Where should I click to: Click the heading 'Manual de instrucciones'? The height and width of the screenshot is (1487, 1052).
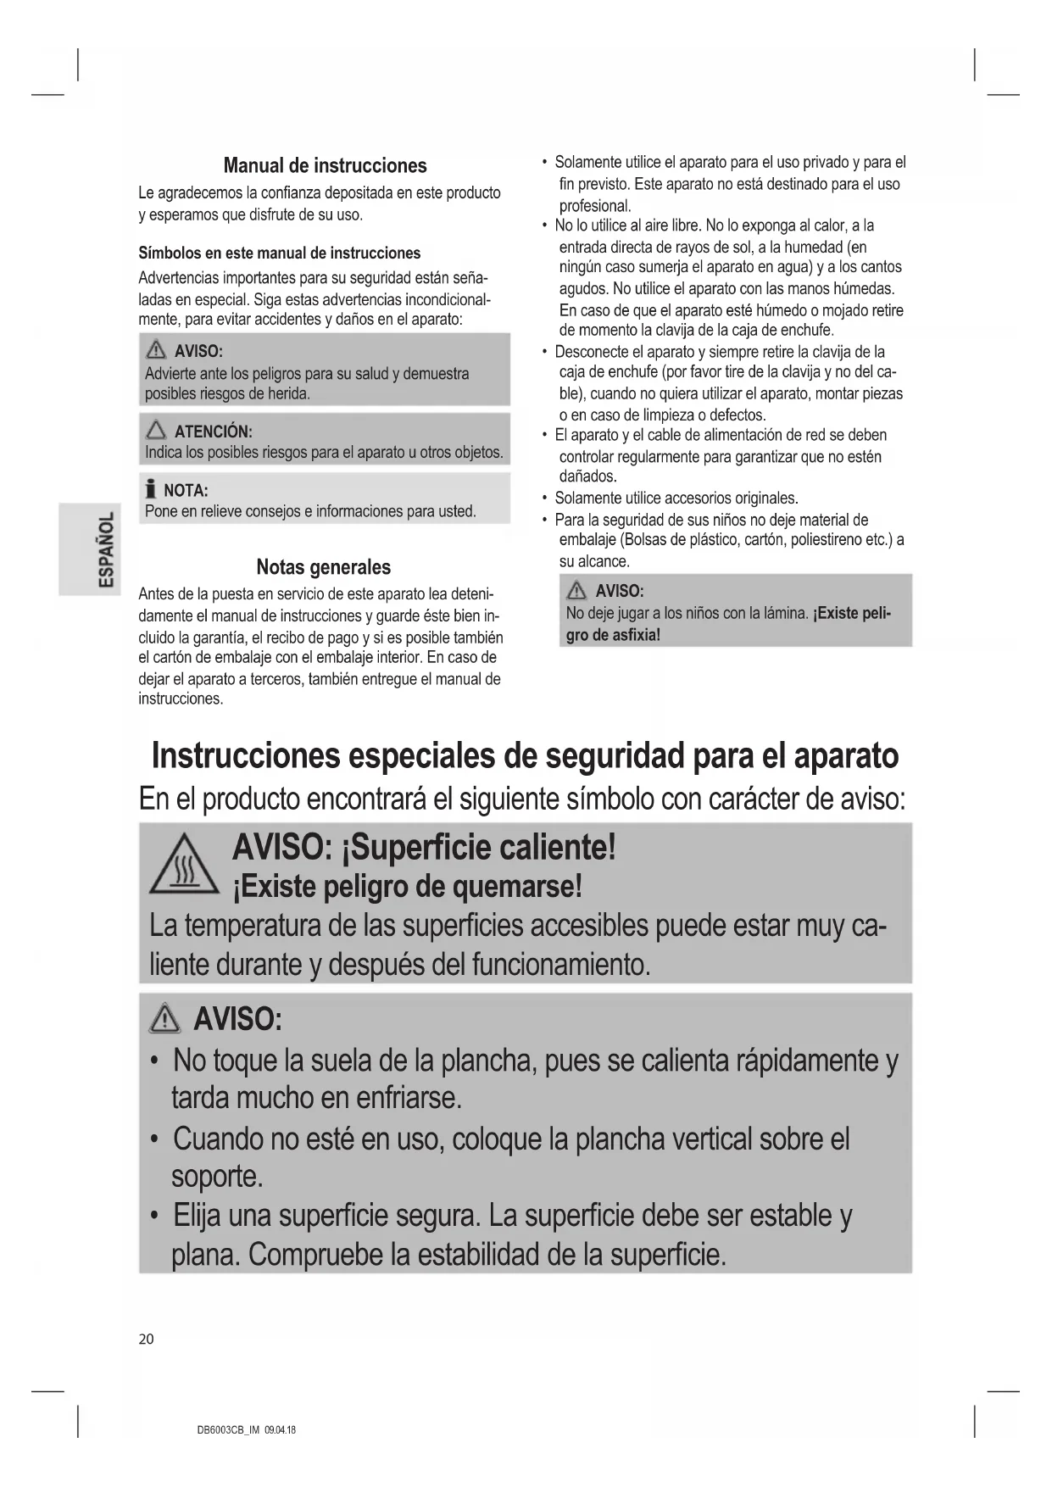(x=325, y=165)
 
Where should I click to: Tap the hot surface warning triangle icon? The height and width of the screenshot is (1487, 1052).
(x=184, y=866)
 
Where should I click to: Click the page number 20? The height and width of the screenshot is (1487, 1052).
(x=147, y=1339)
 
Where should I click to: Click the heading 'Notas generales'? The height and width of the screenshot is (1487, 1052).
(x=324, y=567)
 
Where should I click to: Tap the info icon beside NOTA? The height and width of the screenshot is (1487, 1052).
(x=151, y=489)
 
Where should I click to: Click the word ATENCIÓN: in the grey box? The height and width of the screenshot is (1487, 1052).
(x=213, y=432)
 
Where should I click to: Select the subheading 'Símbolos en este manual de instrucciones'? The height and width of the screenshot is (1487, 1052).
(x=279, y=253)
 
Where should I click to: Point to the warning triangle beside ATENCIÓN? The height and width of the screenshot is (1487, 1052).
(x=156, y=432)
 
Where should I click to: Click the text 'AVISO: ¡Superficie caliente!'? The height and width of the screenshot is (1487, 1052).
(x=424, y=846)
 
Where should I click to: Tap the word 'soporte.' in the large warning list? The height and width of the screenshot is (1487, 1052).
(x=217, y=1176)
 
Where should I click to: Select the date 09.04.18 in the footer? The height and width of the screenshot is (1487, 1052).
(x=280, y=1430)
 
